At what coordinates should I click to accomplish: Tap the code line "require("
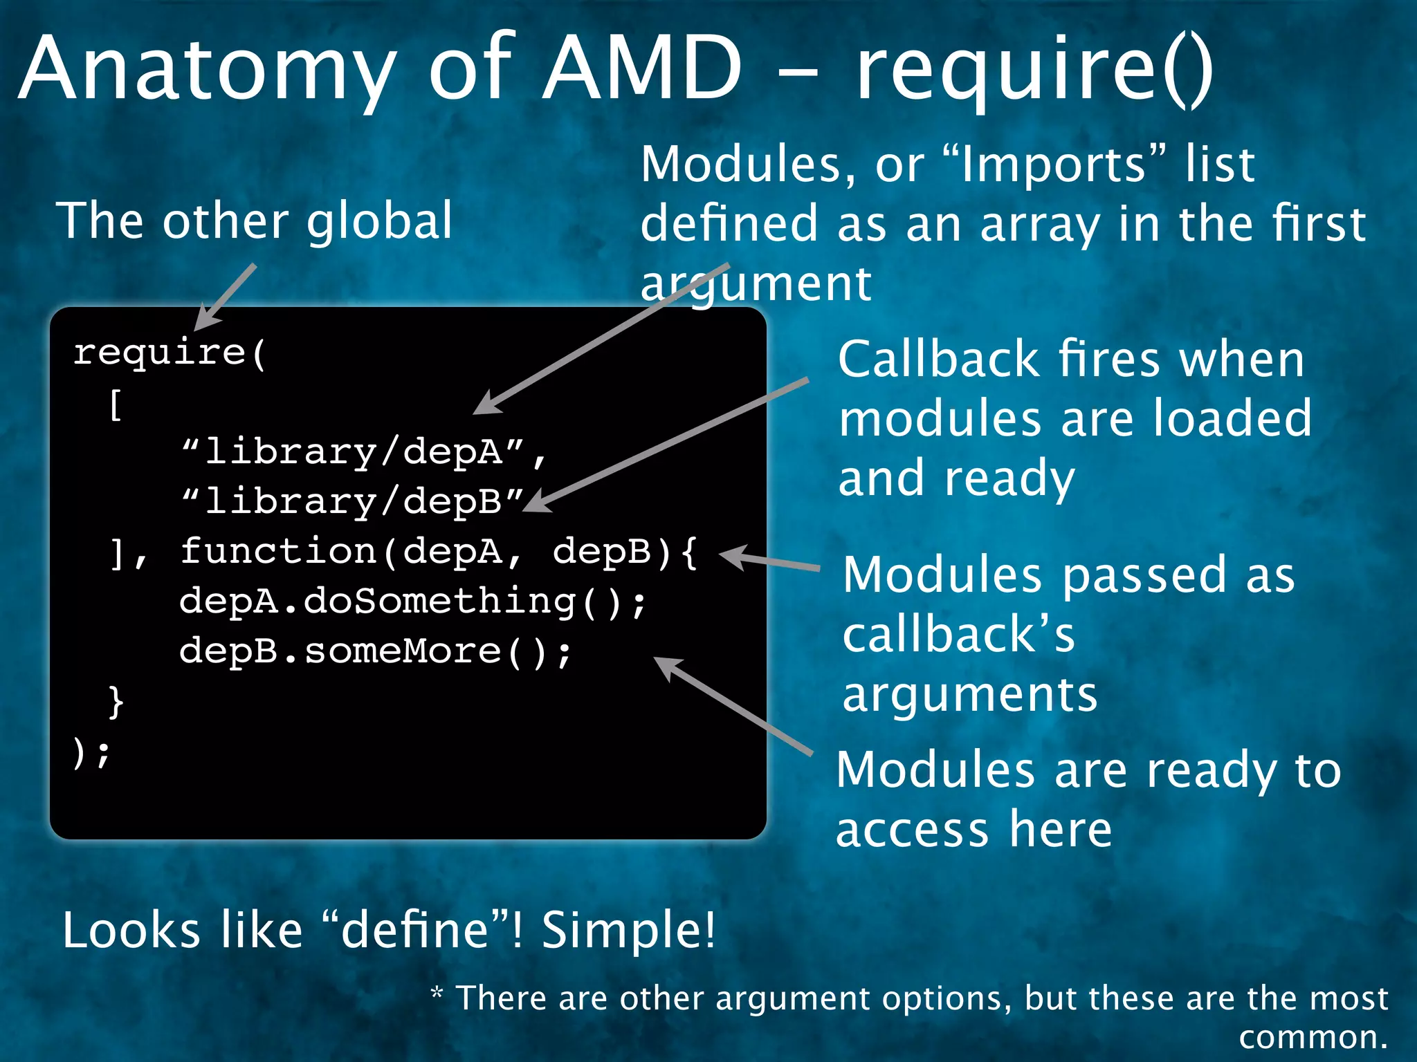pyautogui.click(x=170, y=353)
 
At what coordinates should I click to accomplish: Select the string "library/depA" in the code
pyautogui.click(x=354, y=453)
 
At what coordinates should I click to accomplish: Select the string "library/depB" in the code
pyautogui.click(x=354, y=502)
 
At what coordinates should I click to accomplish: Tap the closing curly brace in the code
pyautogui.click(x=116, y=702)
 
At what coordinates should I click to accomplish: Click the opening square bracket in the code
pyautogui.click(x=116, y=404)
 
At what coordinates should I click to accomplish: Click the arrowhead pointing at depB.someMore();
pyautogui.click(x=665, y=666)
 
